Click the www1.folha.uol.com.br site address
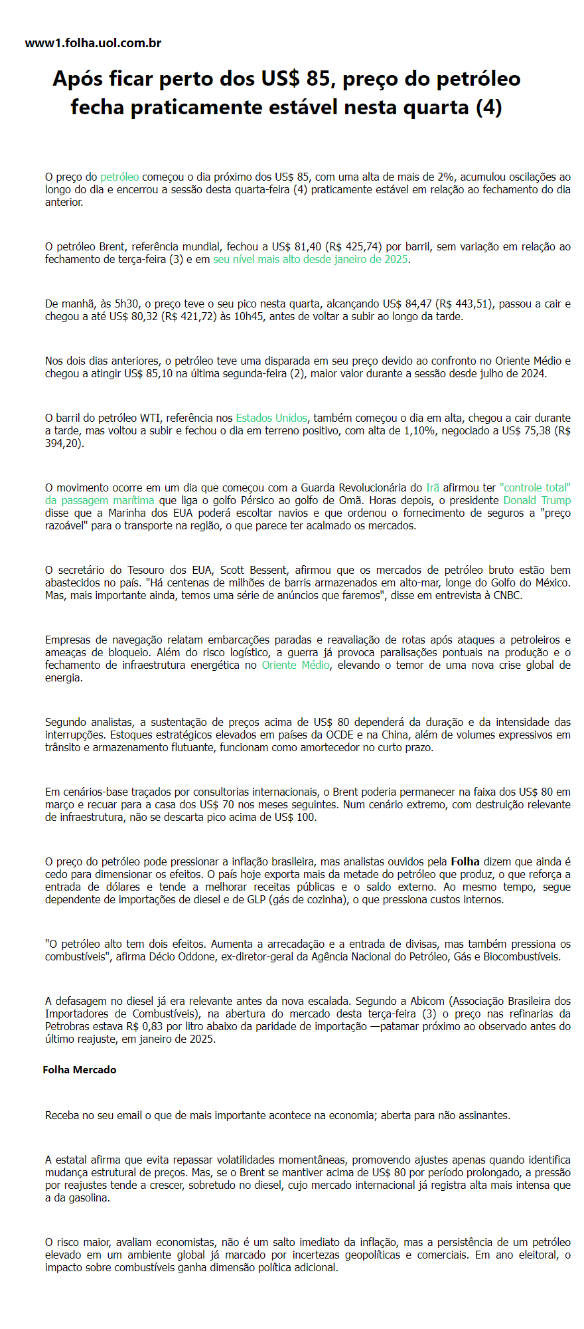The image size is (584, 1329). [93, 43]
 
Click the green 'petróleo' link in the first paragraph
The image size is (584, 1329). [119, 177]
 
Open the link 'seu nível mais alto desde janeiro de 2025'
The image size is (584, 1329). [310, 259]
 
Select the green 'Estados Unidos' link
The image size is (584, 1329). [271, 418]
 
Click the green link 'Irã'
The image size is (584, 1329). [433, 487]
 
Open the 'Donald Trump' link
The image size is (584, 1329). [536, 500]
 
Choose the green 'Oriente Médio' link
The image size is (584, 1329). [295, 665]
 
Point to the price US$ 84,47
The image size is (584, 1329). [407, 304]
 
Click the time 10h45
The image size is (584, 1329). [248, 316]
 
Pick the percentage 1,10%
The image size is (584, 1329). [423, 430]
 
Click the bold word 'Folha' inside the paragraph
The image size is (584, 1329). [465, 861]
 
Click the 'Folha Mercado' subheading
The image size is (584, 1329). [80, 1069]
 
